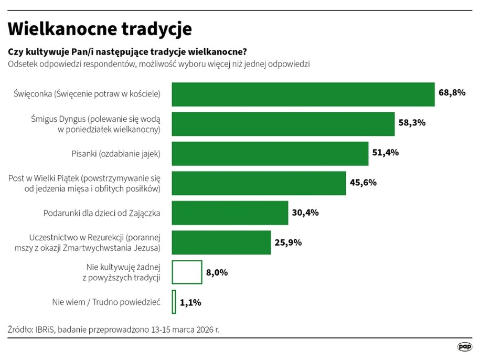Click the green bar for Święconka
pos(303,94)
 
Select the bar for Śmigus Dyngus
pos(283,124)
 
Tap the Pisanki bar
pos(270,154)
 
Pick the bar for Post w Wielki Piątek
pos(259,183)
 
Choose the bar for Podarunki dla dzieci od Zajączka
pos(230,213)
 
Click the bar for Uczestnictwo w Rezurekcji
pos(221,242)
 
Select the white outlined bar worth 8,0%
pos(187,272)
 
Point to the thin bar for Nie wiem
pos(174,302)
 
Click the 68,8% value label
pos(452,93)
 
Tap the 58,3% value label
pos(412,123)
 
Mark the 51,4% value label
pos(386,153)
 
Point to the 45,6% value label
pos(363,183)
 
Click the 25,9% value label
pos(288,242)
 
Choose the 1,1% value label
pos(190,302)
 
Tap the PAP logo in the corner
pos(464,347)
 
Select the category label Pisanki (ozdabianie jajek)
pos(115,154)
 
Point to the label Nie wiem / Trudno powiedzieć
pos(106,302)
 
